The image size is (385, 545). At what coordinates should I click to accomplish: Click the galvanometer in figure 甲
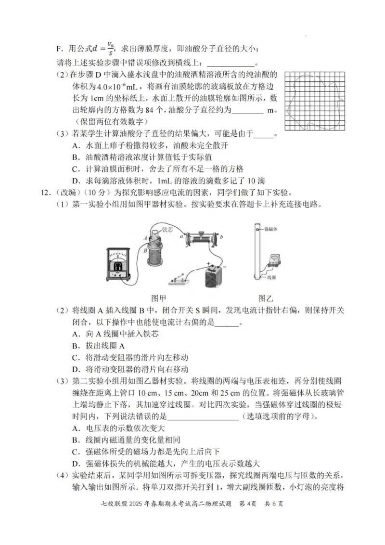tap(118, 264)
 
